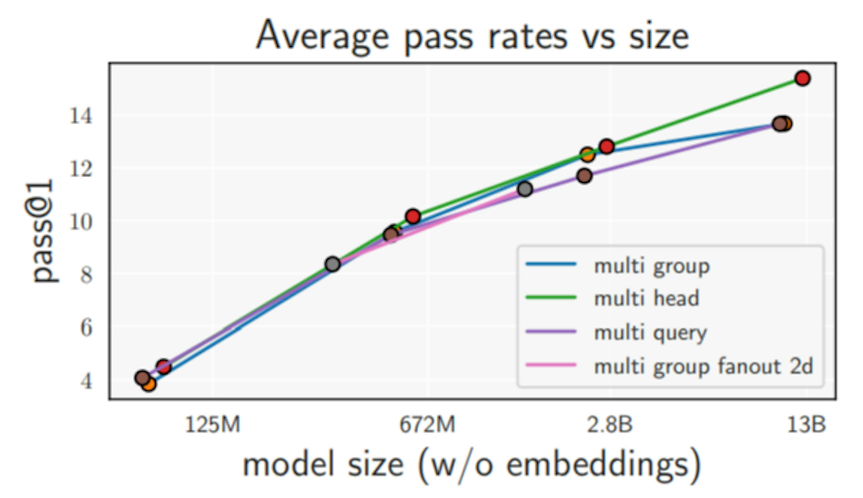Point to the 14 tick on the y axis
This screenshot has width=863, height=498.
pos(81,116)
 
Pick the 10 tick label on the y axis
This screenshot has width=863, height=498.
pos(81,223)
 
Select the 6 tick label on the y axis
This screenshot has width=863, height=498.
pos(86,328)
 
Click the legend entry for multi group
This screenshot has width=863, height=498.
pos(652,266)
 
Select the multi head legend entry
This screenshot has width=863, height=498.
pos(646,299)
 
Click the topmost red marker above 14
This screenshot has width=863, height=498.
pos(802,78)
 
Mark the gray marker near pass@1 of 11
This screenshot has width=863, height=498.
pos(525,189)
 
